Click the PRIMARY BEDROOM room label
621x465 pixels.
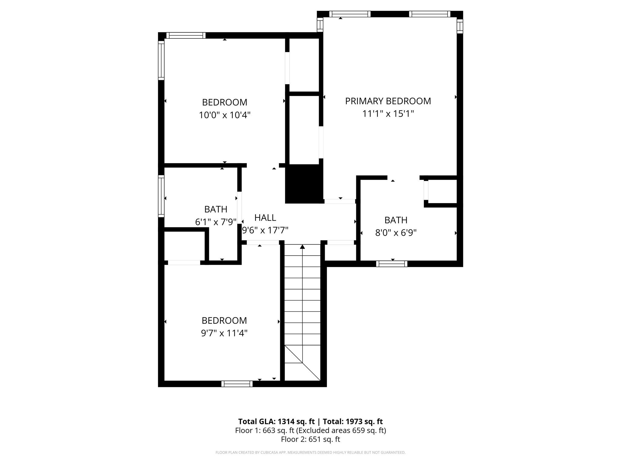pos(388,101)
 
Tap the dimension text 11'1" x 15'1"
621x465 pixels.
pos(388,114)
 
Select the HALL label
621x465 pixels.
pos(265,218)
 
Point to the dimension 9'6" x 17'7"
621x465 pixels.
pos(265,230)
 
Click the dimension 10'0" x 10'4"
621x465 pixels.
pos(224,115)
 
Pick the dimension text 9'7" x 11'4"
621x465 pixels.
pos(224,333)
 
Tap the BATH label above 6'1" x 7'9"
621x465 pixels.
pos(216,209)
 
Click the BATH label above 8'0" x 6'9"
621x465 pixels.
pos(396,220)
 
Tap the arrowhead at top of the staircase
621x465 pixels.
pos(302,247)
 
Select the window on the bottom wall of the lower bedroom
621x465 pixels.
pos(237,384)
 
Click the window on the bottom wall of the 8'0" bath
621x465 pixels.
pos(391,264)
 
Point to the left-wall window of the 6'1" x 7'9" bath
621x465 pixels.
pos(161,196)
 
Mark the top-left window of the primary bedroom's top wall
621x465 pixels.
pos(350,14)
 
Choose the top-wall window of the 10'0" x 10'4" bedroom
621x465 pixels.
pos(186,35)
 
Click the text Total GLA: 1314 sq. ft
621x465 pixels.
pos(276,421)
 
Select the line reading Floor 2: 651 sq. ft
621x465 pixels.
pos(310,439)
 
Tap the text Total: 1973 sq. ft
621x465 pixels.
pos(353,421)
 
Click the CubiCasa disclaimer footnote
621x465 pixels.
pos(310,453)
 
